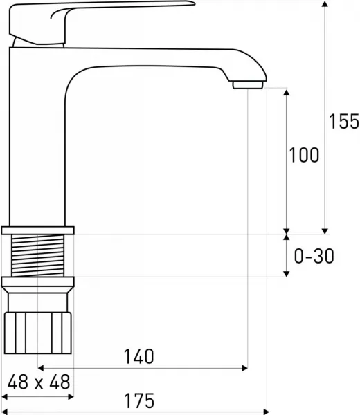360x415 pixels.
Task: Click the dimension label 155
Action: pos(344,122)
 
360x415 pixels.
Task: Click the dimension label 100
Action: pos(304,155)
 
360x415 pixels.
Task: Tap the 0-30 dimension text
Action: pos(314,256)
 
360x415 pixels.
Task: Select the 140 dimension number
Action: pos(139,356)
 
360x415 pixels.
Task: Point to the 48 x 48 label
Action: pos(39,382)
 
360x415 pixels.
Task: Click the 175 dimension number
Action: pos(139,400)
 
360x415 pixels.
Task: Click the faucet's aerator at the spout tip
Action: pos(248,85)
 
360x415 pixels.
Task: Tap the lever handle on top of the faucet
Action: pos(102,23)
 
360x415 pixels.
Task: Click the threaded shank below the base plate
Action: pos(37,255)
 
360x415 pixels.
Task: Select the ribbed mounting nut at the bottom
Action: pos(38,333)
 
